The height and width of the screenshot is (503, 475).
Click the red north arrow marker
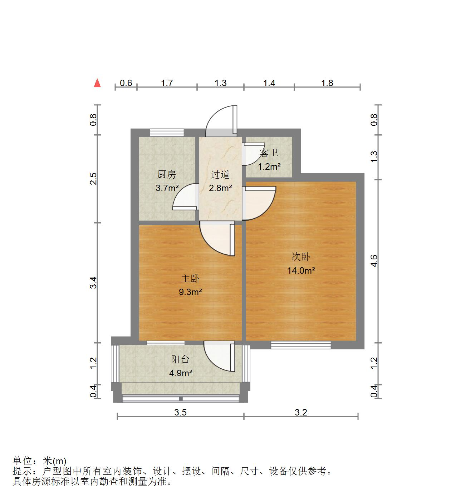97,83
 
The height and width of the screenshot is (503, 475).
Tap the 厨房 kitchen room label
167,175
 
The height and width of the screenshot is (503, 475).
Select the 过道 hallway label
220,175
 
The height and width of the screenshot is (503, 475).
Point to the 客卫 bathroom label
269,153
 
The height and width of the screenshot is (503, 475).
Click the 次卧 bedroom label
301,257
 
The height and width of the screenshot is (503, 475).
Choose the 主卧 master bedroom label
190,279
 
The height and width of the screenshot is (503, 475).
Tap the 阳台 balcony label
180,359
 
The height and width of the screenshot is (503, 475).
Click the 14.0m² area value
301,270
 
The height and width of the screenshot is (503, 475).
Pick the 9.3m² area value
191,292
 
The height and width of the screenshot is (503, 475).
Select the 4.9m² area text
181,373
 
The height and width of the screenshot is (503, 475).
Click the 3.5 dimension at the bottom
180,412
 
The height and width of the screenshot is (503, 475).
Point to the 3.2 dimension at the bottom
301,412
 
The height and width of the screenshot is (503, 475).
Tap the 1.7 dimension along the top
167,83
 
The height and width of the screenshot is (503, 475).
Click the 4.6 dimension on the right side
374,261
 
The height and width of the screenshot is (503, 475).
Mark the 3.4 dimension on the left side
93,283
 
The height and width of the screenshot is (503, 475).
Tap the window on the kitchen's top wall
167,133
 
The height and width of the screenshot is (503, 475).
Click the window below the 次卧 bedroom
301,345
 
